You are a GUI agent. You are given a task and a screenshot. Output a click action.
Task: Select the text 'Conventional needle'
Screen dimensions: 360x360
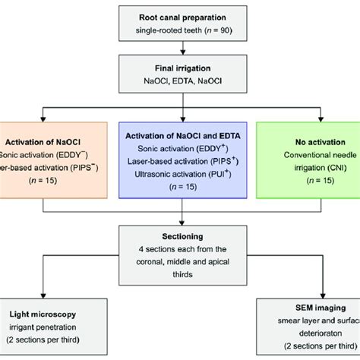[x=312, y=156]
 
